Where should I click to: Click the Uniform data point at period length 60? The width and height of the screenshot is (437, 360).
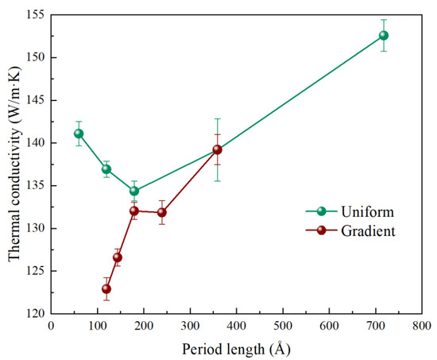coord(79,134)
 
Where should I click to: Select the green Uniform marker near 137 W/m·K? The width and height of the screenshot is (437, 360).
coord(106,169)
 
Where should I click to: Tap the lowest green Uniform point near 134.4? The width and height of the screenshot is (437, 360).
coord(134,191)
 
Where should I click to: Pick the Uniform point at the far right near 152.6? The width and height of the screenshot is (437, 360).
coord(384,35)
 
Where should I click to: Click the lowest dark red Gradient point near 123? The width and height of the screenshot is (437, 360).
coord(106,288)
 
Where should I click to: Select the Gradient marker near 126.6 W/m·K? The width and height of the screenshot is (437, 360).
coord(117,257)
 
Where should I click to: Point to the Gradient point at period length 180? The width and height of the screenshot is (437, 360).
coord(134,211)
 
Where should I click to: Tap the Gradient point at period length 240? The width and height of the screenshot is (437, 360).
coord(162,212)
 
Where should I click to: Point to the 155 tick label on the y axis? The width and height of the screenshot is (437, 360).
coord(36,15)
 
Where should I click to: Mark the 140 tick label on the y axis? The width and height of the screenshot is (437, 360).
coord(36,143)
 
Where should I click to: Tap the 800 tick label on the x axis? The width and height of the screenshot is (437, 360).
coord(422,327)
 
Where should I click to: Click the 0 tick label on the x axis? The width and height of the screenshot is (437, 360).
coord(51,327)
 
